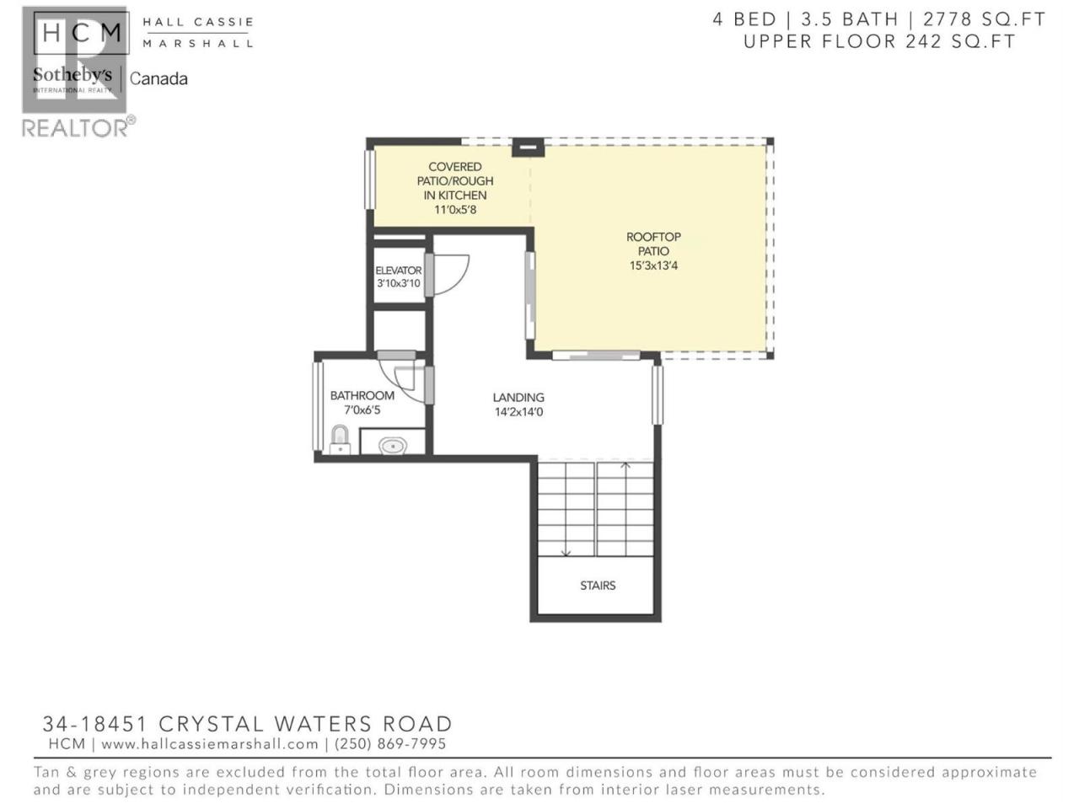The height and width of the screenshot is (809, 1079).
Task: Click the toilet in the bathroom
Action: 340,440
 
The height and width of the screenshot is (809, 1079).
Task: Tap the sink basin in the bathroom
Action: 393,447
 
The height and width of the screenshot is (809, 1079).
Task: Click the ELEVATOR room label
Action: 398,271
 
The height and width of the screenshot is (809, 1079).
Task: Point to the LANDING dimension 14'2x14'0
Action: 518,411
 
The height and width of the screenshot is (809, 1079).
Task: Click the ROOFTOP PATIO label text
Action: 653,244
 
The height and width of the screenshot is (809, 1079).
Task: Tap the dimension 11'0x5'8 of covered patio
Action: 455,210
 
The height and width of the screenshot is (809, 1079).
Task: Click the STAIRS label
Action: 598,586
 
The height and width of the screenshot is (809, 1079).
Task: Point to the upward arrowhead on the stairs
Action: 625,464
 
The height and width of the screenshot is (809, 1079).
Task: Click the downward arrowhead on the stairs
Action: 566,554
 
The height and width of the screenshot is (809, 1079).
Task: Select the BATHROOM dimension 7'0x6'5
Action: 362,410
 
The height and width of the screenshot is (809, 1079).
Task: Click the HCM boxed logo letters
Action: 82,32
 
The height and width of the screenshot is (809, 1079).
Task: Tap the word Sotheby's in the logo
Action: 72,75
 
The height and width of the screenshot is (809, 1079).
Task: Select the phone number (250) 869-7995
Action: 390,744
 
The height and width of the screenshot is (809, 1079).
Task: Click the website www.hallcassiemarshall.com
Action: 210,744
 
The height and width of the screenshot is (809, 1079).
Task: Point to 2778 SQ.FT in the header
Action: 985,19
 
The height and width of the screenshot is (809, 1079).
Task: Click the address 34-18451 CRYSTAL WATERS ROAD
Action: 247,724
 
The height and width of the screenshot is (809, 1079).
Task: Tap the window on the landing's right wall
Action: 658,395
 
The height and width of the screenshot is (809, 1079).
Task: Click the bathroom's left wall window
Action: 318,406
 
